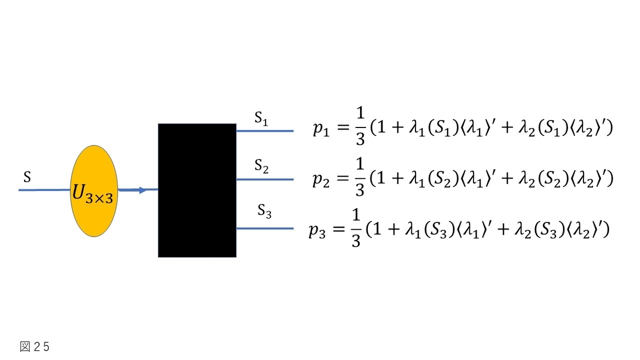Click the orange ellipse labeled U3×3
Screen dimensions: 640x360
[94, 191]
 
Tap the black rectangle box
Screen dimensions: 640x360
[197, 190]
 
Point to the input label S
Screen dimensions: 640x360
[27, 177]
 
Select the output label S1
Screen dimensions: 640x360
[261, 118]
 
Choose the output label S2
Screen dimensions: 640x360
[261, 166]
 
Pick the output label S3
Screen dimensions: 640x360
[265, 211]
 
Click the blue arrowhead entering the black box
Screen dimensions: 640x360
[143, 190]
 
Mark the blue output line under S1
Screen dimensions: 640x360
[265, 131]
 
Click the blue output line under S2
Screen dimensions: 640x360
[265, 179]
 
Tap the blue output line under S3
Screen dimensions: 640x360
[265, 228]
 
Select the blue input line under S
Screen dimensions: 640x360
[45, 190]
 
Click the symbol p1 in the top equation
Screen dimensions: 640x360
[321, 129]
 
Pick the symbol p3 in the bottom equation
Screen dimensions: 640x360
[317, 230]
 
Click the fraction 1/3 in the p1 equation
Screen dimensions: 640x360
[361, 126]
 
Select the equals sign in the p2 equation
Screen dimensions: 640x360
[343, 178]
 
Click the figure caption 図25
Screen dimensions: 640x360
[35, 347]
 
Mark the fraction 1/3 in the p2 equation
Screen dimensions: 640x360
[360, 177]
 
